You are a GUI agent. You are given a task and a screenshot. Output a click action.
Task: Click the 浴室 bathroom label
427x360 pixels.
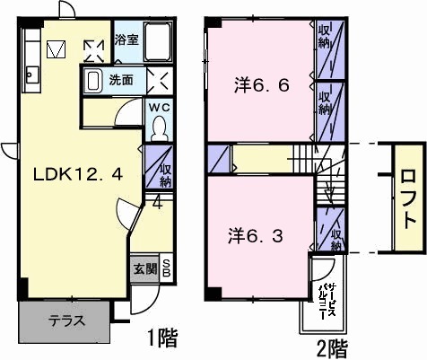click(126, 40)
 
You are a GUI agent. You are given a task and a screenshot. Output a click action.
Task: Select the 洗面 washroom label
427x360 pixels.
click(121, 79)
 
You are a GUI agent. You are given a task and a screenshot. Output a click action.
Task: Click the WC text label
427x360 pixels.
click(158, 108)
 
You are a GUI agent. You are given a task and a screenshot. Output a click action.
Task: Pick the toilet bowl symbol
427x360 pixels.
click(159, 128)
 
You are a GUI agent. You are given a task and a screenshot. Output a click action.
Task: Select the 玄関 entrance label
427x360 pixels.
click(144, 268)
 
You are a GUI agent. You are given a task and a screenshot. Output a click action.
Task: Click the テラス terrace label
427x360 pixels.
click(66, 320)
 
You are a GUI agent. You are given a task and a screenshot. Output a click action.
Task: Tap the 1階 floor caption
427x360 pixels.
click(162, 338)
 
